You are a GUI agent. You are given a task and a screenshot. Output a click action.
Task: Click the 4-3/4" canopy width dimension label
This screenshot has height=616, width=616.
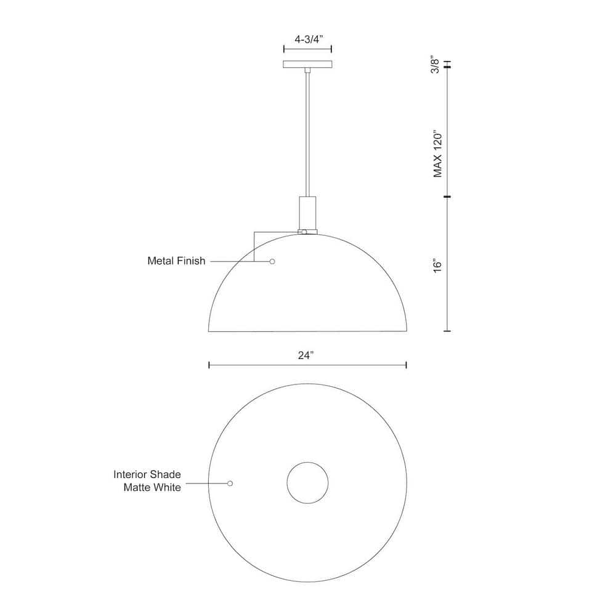click(x=307, y=39)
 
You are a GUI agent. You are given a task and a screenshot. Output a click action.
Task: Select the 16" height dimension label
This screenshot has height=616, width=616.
click(x=438, y=265)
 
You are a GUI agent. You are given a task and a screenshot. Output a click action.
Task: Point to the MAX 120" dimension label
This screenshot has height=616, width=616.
click(x=438, y=153)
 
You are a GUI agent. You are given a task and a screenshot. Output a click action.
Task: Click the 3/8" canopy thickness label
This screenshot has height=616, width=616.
click(x=436, y=65)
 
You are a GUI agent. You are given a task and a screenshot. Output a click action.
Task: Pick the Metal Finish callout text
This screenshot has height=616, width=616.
click(x=176, y=261)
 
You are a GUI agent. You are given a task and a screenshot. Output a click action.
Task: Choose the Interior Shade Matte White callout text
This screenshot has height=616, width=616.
click(x=147, y=481)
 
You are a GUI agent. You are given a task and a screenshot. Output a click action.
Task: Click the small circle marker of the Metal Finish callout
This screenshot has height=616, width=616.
click(x=272, y=262)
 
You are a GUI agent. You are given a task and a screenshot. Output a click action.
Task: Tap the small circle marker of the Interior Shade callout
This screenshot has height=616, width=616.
click(x=230, y=484)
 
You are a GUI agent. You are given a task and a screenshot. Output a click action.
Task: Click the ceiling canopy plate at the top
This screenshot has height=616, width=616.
click(x=307, y=65)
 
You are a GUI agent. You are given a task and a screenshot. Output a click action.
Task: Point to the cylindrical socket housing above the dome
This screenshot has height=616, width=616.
click(x=307, y=213)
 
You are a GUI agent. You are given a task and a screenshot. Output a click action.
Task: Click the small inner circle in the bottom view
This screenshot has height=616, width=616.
click(x=307, y=482)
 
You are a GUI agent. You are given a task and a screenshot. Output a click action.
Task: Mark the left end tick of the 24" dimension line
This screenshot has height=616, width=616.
click(x=209, y=365)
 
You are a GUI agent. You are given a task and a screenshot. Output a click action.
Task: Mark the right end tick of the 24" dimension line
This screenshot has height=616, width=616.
click(x=406, y=365)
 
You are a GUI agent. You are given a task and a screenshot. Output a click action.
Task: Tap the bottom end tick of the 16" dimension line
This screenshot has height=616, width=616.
click(x=447, y=331)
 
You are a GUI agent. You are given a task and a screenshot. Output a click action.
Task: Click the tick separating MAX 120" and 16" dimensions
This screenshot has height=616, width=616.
click(x=447, y=197)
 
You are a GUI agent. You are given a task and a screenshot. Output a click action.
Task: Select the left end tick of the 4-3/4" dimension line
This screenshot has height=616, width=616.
click(x=283, y=49)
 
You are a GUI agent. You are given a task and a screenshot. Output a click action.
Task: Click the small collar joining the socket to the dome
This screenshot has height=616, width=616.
click(x=307, y=232)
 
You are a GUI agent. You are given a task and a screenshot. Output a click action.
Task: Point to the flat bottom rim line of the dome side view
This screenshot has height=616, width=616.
click(x=307, y=331)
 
